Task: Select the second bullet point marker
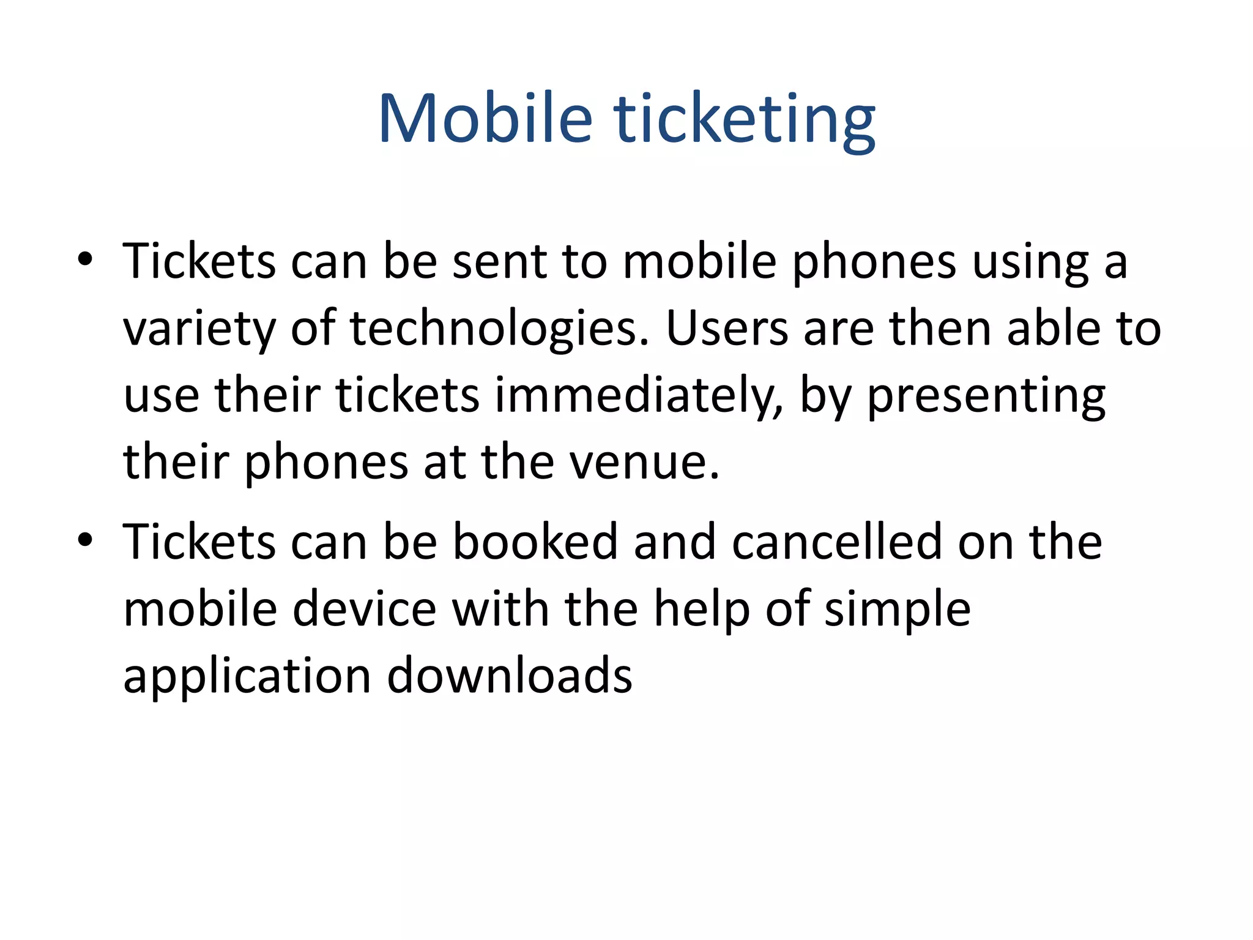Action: [x=85, y=540]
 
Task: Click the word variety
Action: [x=199, y=329]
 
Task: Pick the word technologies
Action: [x=499, y=329]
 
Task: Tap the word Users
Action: [x=727, y=329]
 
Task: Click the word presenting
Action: [x=986, y=396]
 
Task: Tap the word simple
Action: [x=897, y=611]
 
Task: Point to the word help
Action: [x=701, y=611]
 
